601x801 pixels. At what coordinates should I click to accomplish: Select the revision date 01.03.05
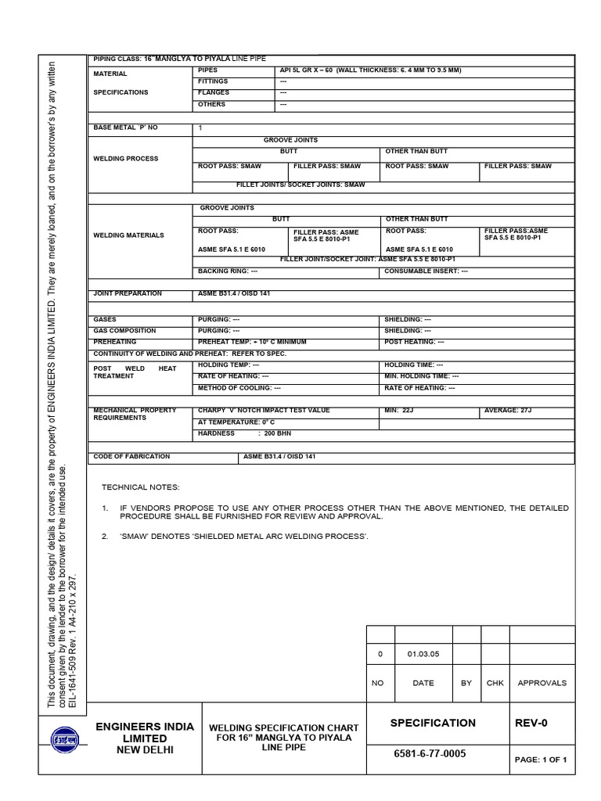coord(423,653)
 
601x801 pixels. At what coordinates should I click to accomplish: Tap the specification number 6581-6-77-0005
coord(432,753)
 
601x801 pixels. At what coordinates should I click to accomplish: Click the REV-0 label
coord(531,723)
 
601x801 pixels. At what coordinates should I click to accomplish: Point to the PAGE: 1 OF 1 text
coord(540,760)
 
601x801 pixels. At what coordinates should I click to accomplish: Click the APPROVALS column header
coord(542,683)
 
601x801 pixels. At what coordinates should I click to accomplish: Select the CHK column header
coord(495,683)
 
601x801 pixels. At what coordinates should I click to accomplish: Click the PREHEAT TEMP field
coord(252,342)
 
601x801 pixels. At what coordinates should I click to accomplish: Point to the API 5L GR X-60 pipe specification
coord(370,70)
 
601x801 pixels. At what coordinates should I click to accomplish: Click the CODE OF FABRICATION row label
coord(131,456)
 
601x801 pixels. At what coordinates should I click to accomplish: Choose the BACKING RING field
coord(228,271)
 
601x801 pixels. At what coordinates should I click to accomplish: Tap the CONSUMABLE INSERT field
coord(426,271)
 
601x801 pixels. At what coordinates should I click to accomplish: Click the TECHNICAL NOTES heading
coord(141,487)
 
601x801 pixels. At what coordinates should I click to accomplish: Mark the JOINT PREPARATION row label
coord(128,293)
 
